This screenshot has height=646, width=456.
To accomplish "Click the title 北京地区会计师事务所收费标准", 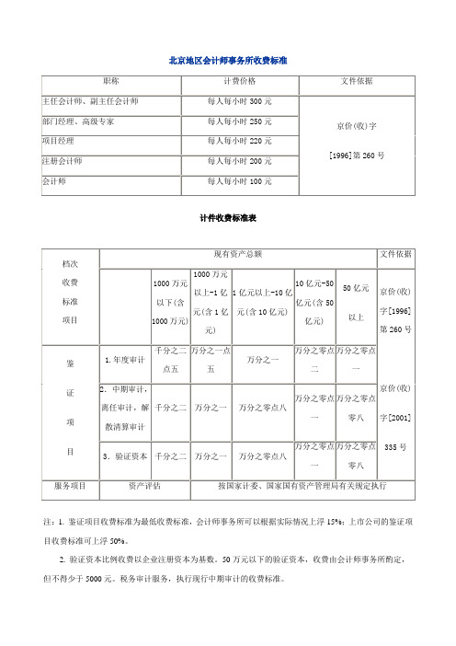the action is click(x=228, y=59).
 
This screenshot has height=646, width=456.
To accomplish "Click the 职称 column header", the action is click(x=111, y=82).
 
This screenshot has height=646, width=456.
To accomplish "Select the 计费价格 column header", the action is click(x=239, y=82).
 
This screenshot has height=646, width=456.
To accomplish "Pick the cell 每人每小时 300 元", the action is click(x=239, y=100).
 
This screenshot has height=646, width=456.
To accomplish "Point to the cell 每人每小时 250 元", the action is click(x=239, y=121).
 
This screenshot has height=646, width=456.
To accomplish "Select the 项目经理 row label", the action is click(x=60, y=141).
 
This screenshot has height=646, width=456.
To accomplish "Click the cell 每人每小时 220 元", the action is click(x=239, y=141).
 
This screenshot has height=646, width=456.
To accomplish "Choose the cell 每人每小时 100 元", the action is click(x=239, y=181).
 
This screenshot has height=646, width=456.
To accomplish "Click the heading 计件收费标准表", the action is click(x=227, y=221).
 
